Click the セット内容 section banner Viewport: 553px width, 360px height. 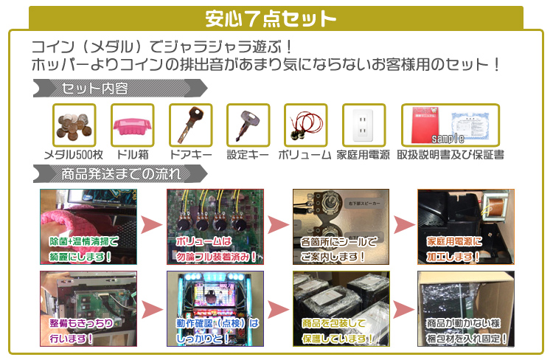point(96,89)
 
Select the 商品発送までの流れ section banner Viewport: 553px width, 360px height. point(118,174)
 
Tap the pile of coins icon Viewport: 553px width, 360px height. point(74,125)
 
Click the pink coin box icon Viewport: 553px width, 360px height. point(132,125)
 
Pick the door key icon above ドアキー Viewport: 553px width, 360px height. point(190,125)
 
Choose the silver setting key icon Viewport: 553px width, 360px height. point(248,125)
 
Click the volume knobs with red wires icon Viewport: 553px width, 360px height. point(305,125)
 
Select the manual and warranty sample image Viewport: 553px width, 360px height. point(450,125)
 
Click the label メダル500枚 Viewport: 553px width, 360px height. point(74,155)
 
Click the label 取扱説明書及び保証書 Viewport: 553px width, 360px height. point(450,155)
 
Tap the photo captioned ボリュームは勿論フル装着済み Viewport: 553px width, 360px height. point(215,227)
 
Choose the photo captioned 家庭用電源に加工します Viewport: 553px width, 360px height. point(466,227)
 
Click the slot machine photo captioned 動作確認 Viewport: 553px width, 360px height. point(215,309)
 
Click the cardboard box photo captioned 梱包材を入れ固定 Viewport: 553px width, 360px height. point(466,309)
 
